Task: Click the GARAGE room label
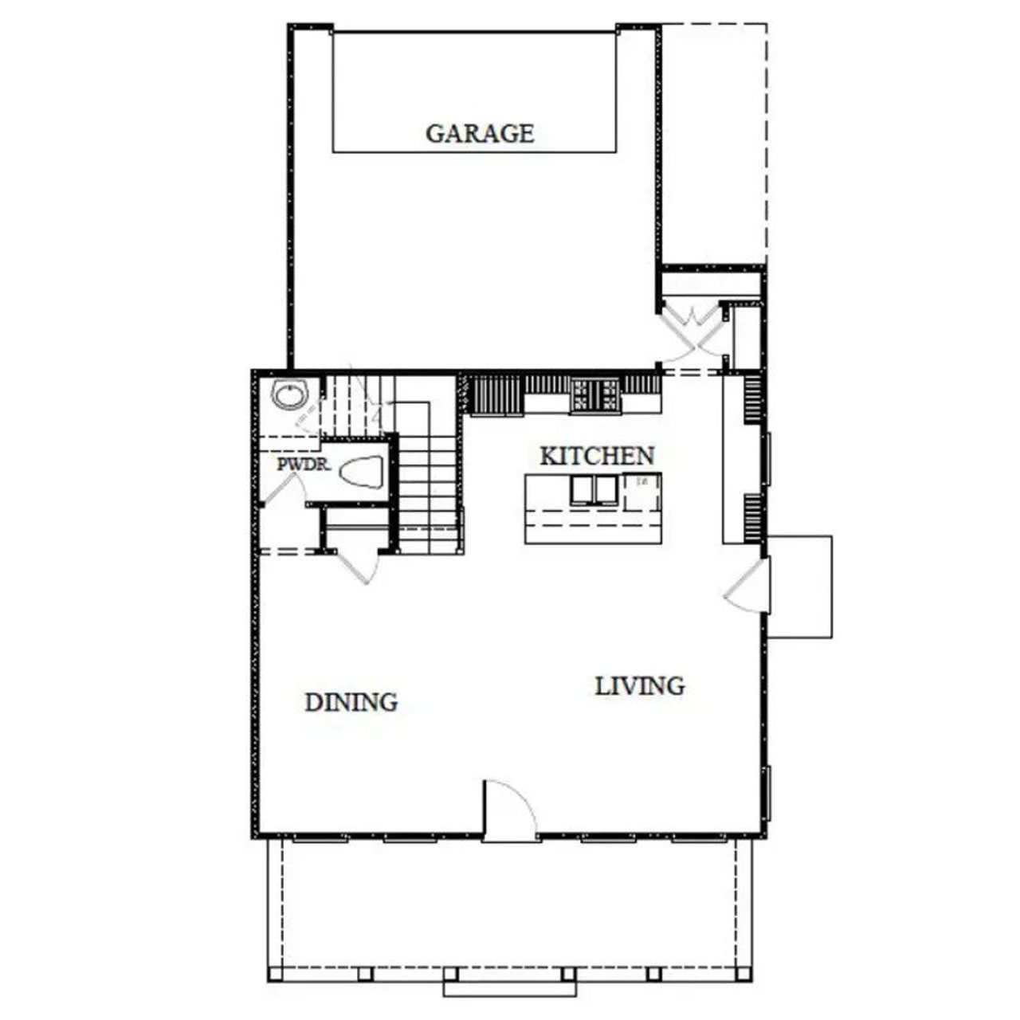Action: (480, 133)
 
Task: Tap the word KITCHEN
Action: (597, 456)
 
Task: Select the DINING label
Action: (351, 702)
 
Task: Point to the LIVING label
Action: (640, 685)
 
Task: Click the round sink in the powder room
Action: (289, 394)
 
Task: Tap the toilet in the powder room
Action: (362, 473)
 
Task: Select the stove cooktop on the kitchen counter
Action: (594, 393)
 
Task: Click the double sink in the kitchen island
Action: (594, 489)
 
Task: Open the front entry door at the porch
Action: (510, 809)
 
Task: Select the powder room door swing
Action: (279, 486)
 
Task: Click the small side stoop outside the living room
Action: (799, 586)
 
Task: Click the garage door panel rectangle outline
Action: (474, 91)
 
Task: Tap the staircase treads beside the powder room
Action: (429, 494)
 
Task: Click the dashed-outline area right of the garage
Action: (713, 143)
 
